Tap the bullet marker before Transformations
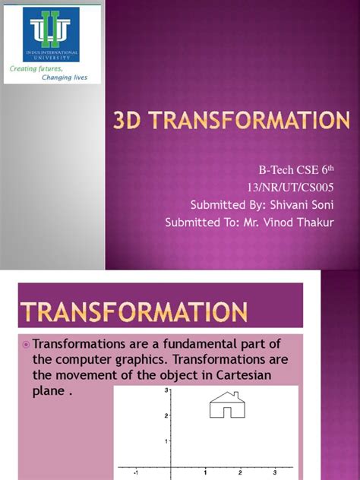pos(26,344)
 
